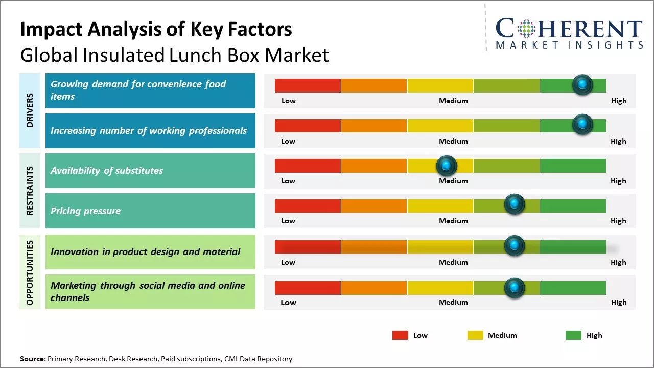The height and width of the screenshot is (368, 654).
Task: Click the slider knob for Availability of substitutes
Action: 446,166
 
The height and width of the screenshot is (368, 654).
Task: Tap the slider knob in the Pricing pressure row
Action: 514,204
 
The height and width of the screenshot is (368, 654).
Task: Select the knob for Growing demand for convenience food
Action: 582,84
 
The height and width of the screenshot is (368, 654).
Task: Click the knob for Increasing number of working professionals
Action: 582,124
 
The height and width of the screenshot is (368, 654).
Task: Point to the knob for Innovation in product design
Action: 514,246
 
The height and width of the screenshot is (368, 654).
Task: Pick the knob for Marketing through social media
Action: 514,288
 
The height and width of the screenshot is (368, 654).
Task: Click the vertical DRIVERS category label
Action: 30,110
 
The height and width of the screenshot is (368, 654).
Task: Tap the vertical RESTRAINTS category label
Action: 30,191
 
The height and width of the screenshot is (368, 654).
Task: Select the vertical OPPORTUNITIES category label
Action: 30,272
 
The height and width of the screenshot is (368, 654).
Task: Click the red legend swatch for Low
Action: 400,335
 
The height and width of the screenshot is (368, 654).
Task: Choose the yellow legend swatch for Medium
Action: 475,335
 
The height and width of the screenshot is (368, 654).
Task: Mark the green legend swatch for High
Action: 573,335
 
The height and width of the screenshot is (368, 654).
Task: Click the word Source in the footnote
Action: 32,359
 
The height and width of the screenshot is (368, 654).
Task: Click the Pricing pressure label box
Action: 150,211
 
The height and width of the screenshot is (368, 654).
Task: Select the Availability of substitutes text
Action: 107,171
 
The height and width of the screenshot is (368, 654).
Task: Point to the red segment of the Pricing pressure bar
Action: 308,206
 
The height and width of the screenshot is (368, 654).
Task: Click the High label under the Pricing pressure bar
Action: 618,221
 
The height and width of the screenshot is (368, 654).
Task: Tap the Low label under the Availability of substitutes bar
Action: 288,181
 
